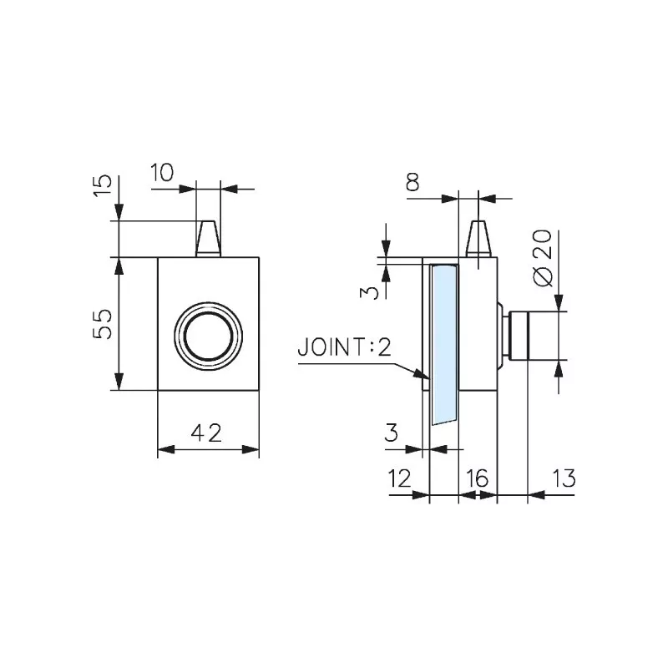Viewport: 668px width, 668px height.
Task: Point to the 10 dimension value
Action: coord(163,173)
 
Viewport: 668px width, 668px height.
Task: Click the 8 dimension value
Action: coord(412,183)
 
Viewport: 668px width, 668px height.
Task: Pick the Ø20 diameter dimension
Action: coord(541,259)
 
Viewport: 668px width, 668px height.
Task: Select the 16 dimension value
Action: coord(477,478)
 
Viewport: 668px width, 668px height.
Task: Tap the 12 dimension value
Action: coord(401,478)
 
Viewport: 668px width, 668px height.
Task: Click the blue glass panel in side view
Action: coord(444,342)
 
